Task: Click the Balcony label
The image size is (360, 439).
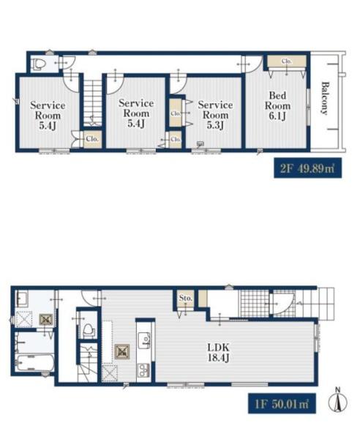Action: [325, 98]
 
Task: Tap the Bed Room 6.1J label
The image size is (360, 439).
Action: [277, 105]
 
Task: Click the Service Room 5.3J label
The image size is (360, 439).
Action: [215, 115]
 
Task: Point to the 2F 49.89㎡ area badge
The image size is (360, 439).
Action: [307, 168]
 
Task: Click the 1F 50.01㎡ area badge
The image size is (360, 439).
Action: [282, 404]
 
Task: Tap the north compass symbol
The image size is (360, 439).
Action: [338, 401]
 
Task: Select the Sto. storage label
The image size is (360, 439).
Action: [186, 298]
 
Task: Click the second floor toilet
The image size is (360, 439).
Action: [38, 64]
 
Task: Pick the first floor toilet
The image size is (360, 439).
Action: [88, 331]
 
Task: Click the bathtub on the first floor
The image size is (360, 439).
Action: [35, 362]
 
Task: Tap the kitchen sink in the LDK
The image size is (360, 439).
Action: [144, 339]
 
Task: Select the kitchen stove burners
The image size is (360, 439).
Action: [144, 369]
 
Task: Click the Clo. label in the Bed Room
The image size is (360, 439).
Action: [287, 61]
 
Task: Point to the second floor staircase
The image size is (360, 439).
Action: [91, 102]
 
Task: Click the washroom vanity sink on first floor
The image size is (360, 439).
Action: [22, 299]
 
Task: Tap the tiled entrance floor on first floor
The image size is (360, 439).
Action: [253, 304]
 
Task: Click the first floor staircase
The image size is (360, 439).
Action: [87, 362]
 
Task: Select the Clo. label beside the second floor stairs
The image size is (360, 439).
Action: [92, 138]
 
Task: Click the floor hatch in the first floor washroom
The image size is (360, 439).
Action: [46, 320]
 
